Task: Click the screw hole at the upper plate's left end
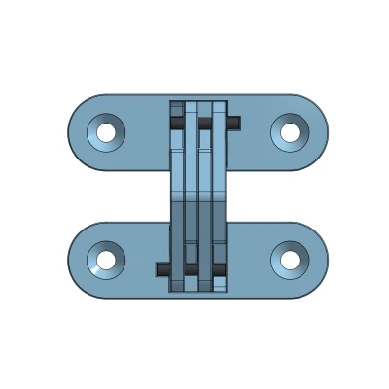[x=106, y=131]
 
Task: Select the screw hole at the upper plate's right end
[x=289, y=131]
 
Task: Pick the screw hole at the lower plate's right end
[x=289, y=260]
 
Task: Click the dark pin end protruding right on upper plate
[x=235, y=123]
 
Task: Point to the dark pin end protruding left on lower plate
[x=161, y=268]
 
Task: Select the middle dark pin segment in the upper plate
[x=205, y=124]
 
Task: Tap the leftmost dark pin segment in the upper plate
[x=177, y=124]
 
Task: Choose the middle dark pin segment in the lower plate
[x=192, y=268]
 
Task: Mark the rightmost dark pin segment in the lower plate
[x=220, y=268]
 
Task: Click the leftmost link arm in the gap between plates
[x=177, y=194]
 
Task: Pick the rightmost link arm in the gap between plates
[x=220, y=194]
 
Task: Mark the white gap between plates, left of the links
[x=117, y=196]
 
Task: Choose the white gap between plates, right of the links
[x=282, y=196]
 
